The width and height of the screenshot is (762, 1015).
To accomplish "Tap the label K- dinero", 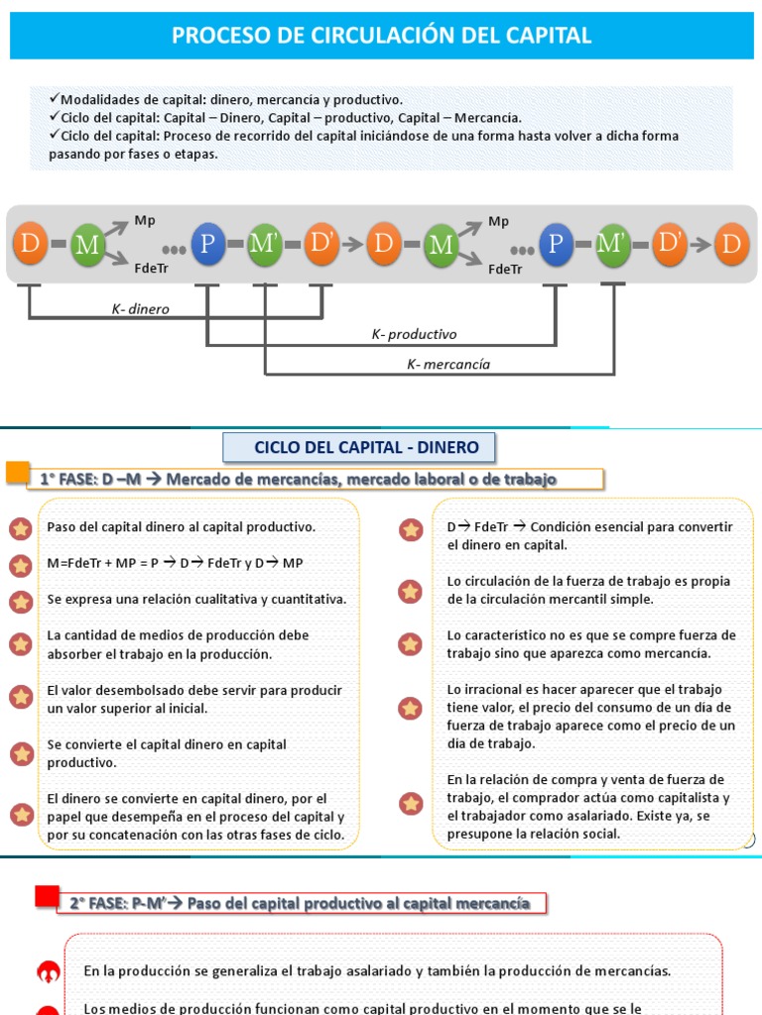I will point(140,309).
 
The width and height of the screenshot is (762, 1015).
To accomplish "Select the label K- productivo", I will point(414,335).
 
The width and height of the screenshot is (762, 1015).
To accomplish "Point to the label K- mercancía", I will point(448,364).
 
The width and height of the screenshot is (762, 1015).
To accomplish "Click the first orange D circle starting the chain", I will point(30,243).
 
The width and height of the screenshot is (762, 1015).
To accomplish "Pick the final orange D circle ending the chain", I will point(732,244).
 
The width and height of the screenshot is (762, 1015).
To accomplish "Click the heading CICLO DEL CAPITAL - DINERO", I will point(366,447).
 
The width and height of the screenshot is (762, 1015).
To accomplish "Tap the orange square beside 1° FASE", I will point(18,472).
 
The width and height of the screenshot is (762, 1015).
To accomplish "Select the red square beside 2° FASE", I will point(47,896).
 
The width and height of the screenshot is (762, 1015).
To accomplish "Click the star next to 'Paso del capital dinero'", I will point(21,527).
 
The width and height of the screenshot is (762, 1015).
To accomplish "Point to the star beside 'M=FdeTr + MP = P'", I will point(21,565).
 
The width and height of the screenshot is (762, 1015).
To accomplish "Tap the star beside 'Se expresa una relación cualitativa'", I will point(21,601).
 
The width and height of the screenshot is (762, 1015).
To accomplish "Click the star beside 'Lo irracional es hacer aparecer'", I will point(410,709).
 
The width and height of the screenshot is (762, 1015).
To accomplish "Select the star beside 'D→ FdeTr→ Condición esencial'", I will point(410,530).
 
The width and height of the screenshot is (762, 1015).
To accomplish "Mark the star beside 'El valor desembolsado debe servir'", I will point(21,697).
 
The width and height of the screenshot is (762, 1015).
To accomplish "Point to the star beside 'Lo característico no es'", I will point(410,644).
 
